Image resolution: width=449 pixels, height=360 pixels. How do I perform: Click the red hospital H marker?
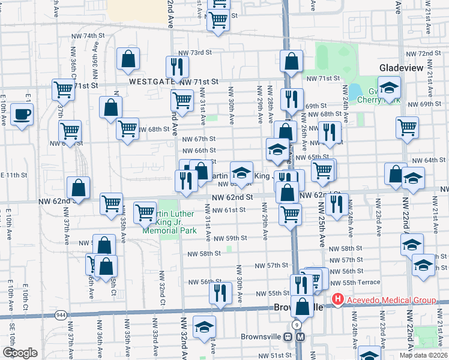click(338, 299)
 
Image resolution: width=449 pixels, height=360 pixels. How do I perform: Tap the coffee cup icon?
click(22, 114)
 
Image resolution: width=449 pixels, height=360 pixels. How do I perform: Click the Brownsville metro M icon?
click(300, 337)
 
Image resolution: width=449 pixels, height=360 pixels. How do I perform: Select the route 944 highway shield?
click(61, 315)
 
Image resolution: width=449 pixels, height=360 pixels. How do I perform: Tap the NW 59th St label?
click(232, 238)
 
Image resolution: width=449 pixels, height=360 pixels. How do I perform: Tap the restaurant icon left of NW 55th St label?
click(220, 292)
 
